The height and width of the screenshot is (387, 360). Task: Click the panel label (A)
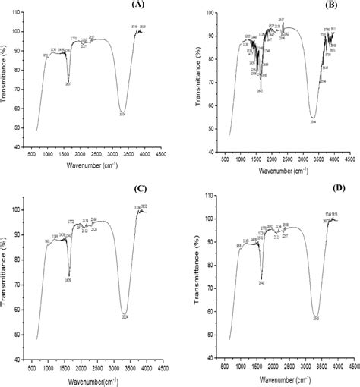tap(137, 5)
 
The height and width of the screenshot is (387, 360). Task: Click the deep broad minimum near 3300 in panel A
tap(123, 111)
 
